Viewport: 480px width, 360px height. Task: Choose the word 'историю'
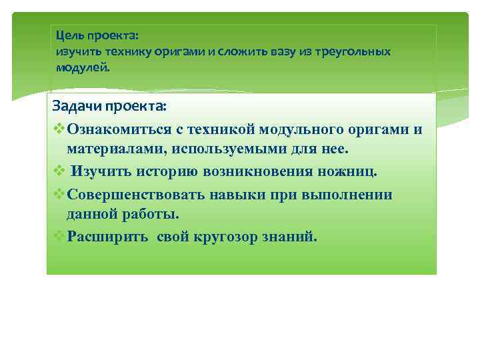[162, 172]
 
